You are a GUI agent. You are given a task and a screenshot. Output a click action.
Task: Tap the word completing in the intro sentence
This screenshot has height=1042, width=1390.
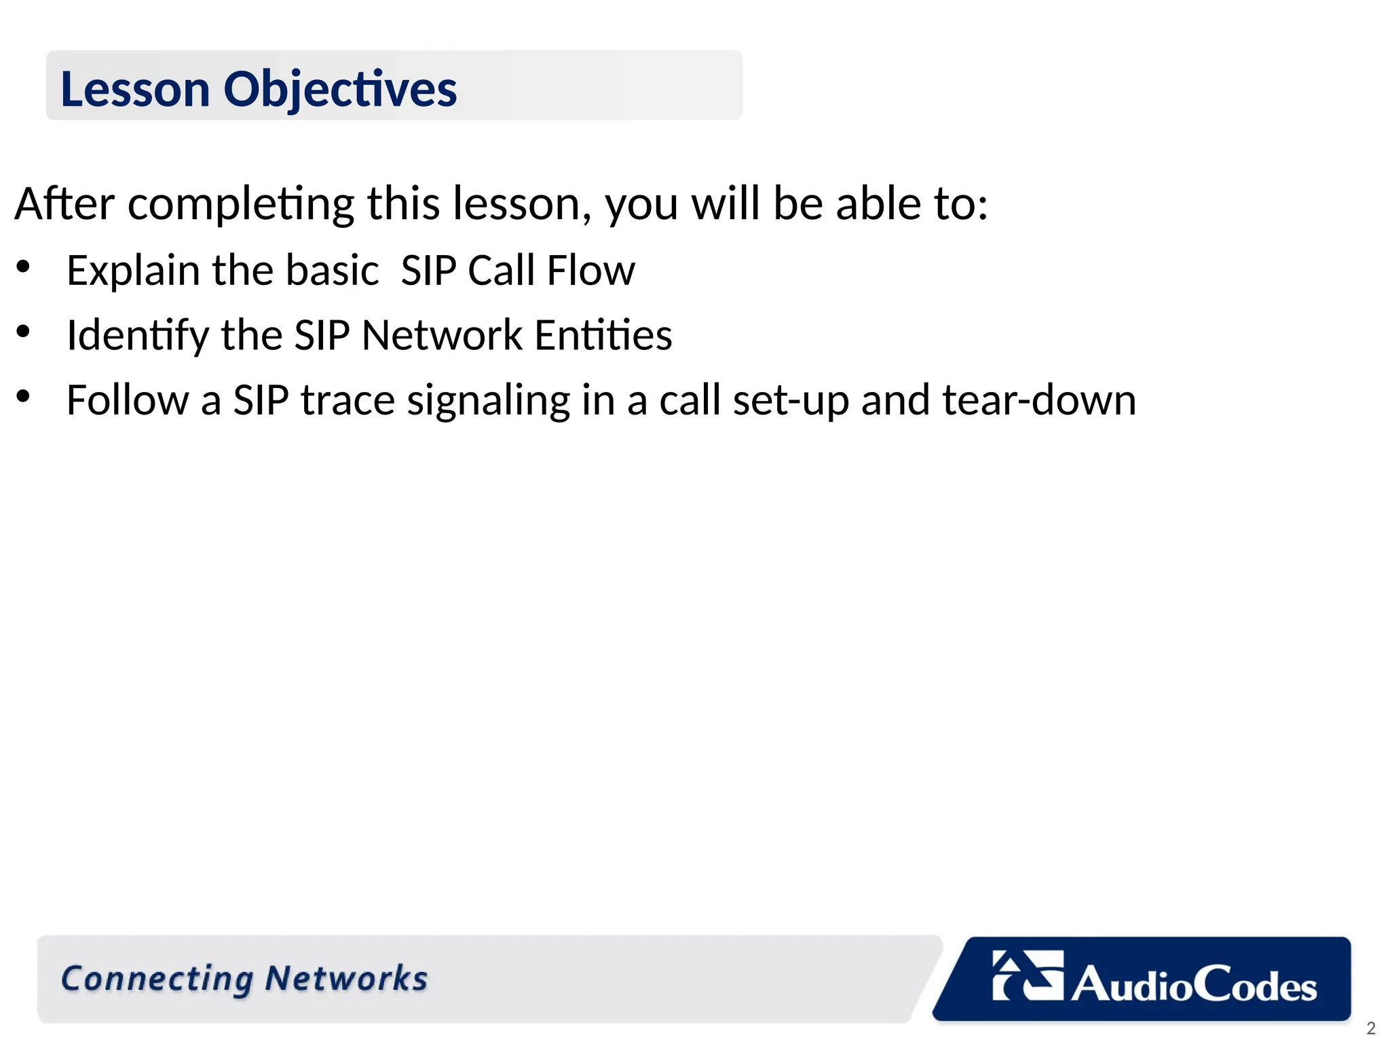(x=241, y=204)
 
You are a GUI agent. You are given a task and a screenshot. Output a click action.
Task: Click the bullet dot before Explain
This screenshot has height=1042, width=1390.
(x=23, y=267)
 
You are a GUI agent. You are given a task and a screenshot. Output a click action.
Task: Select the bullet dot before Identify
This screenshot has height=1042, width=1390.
(x=23, y=332)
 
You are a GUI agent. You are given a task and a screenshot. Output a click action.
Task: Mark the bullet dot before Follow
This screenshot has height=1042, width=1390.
(x=23, y=397)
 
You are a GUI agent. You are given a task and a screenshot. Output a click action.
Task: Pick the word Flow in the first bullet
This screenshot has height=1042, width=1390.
(x=590, y=271)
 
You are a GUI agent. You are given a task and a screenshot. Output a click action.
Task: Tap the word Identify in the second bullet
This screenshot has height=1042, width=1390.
(x=138, y=335)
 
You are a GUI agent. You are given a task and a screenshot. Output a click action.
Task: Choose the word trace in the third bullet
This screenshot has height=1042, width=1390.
(x=347, y=400)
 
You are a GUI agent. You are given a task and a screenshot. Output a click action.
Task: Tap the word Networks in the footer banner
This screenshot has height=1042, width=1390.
(x=346, y=979)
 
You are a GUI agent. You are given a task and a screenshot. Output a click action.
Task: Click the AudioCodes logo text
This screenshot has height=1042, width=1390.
(x=1194, y=984)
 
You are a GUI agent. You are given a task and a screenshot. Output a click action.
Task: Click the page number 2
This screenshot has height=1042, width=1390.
(x=1370, y=1028)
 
